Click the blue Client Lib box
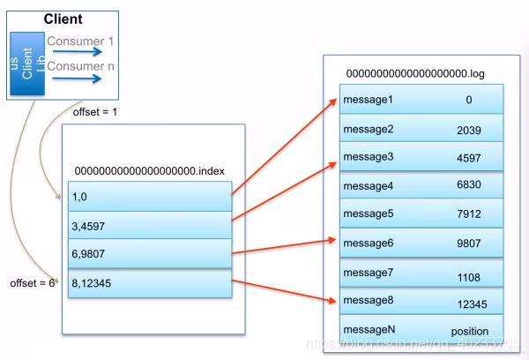27,64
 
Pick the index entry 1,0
81,197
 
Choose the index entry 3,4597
89,226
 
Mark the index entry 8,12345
93,284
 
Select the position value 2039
468,129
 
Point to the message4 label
368,186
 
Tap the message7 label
368,274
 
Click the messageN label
368,329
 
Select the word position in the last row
469,331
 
